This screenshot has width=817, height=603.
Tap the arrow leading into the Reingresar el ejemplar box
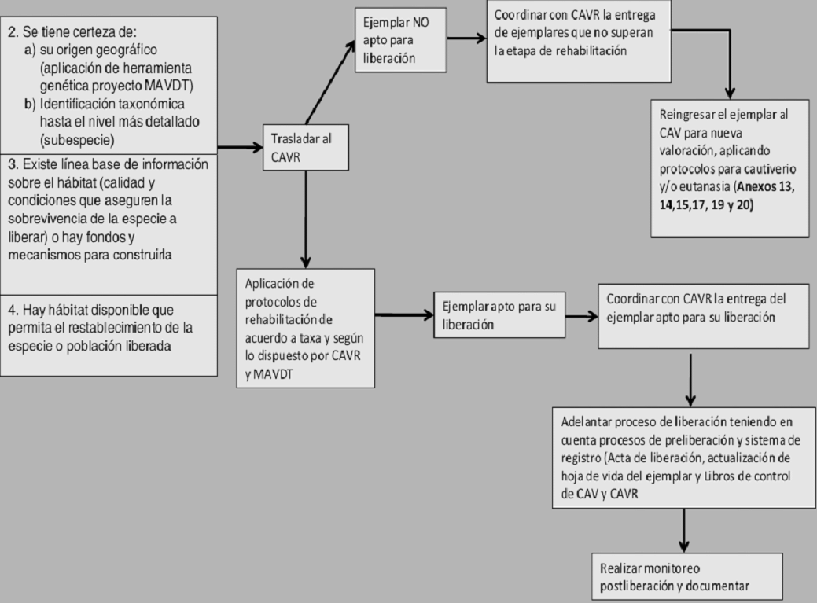(731, 79)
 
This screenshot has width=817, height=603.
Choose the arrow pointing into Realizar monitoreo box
(683, 528)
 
